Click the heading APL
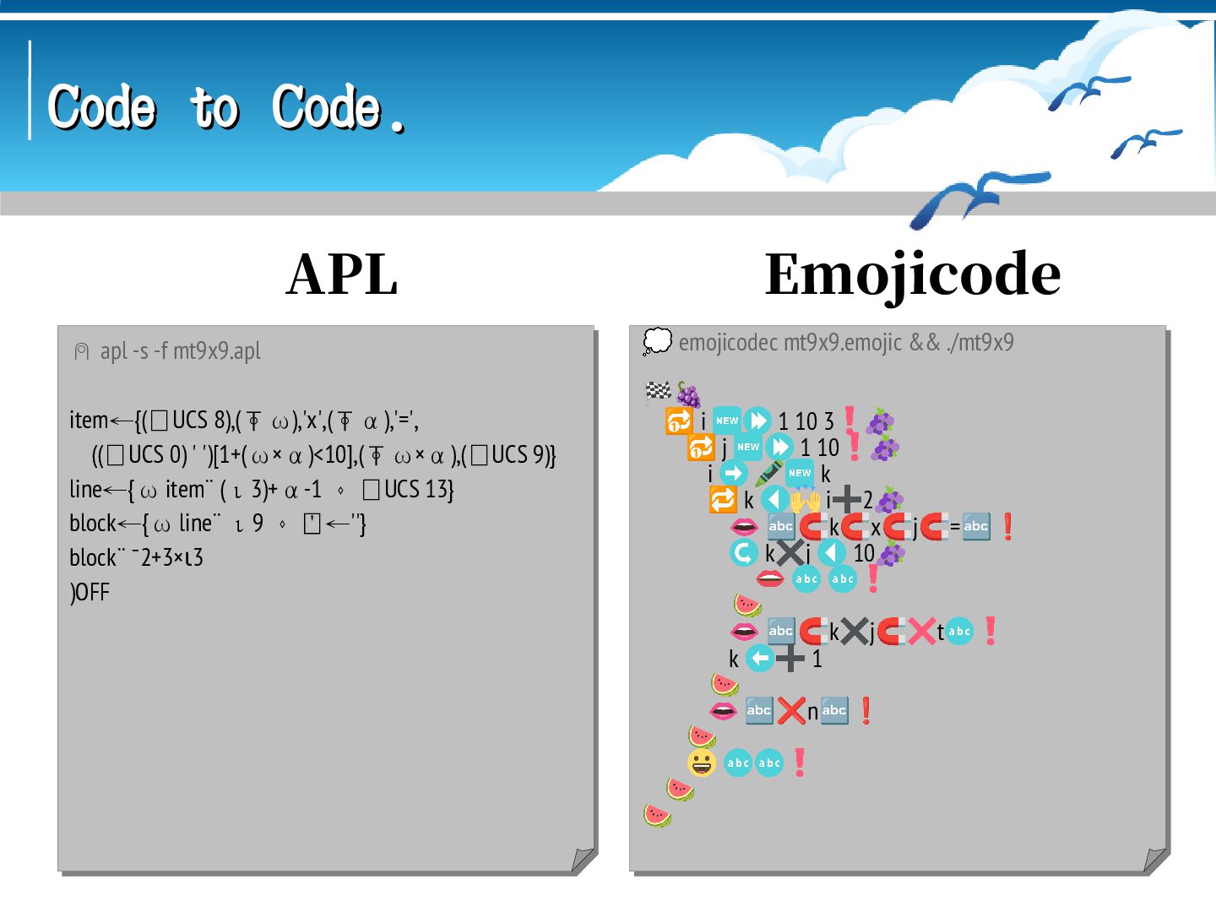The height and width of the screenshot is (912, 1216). pyautogui.click(x=342, y=274)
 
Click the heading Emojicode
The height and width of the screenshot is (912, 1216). pyautogui.click(x=912, y=274)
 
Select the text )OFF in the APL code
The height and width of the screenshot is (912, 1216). pyautogui.click(x=90, y=592)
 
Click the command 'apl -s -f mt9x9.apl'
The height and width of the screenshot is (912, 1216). pyautogui.click(x=180, y=350)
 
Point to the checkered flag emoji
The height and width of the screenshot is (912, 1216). pyautogui.click(x=658, y=391)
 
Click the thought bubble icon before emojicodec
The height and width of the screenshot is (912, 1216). pyautogui.click(x=657, y=342)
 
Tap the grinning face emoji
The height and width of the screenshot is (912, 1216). pyautogui.click(x=701, y=763)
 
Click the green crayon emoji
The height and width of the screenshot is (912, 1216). pyautogui.click(x=768, y=474)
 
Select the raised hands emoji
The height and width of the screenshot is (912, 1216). pyautogui.click(x=805, y=502)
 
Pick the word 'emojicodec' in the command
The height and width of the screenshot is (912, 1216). pyautogui.click(x=729, y=342)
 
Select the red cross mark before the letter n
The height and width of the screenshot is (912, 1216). pyautogui.click(x=791, y=711)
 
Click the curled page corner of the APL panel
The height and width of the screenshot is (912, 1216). pyautogui.click(x=582, y=860)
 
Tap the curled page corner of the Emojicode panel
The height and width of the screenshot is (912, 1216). pyautogui.click(x=1154, y=860)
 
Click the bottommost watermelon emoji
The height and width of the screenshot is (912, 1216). pyautogui.click(x=657, y=816)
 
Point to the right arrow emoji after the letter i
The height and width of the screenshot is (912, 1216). pyautogui.click(x=733, y=474)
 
